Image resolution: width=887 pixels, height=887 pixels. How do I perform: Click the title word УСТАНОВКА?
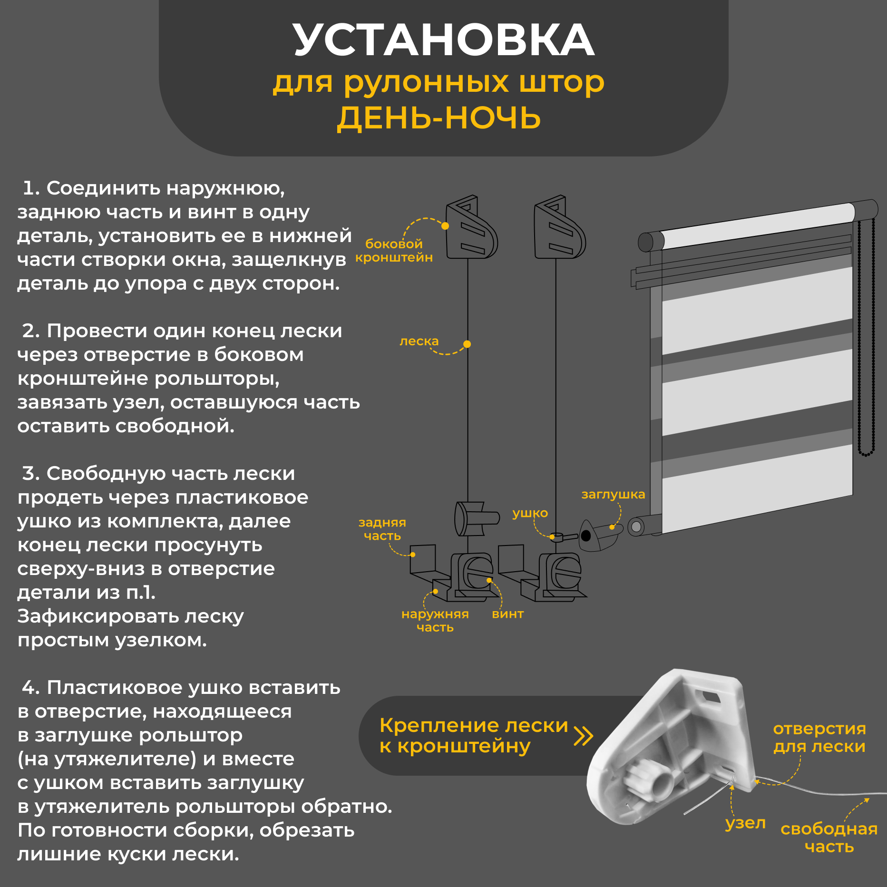[443, 40]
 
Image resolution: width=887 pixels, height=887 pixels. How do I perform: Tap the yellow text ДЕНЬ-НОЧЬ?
[439, 118]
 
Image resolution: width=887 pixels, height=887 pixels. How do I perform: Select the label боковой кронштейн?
[394, 251]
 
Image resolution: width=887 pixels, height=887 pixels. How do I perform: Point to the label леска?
[419, 341]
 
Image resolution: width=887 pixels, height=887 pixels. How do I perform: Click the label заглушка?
[613, 494]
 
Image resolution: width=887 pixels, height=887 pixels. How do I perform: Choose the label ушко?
[530, 513]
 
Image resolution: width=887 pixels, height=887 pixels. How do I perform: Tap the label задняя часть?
[382, 529]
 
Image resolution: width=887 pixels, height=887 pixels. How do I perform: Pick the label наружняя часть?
[435, 621]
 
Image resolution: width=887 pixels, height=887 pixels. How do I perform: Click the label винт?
[507, 614]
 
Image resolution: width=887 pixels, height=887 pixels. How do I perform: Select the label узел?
[745, 823]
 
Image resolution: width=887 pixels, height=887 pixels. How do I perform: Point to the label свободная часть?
[829, 838]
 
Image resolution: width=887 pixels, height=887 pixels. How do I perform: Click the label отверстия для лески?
[819, 737]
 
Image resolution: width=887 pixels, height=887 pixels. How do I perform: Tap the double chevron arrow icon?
[584, 735]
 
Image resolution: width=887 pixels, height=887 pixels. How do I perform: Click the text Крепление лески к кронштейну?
[473, 735]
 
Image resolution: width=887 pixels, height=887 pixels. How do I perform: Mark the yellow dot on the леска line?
[467, 344]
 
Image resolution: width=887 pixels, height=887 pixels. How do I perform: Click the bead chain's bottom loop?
[866, 454]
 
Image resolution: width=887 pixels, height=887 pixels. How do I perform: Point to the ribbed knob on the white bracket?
[649, 781]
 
